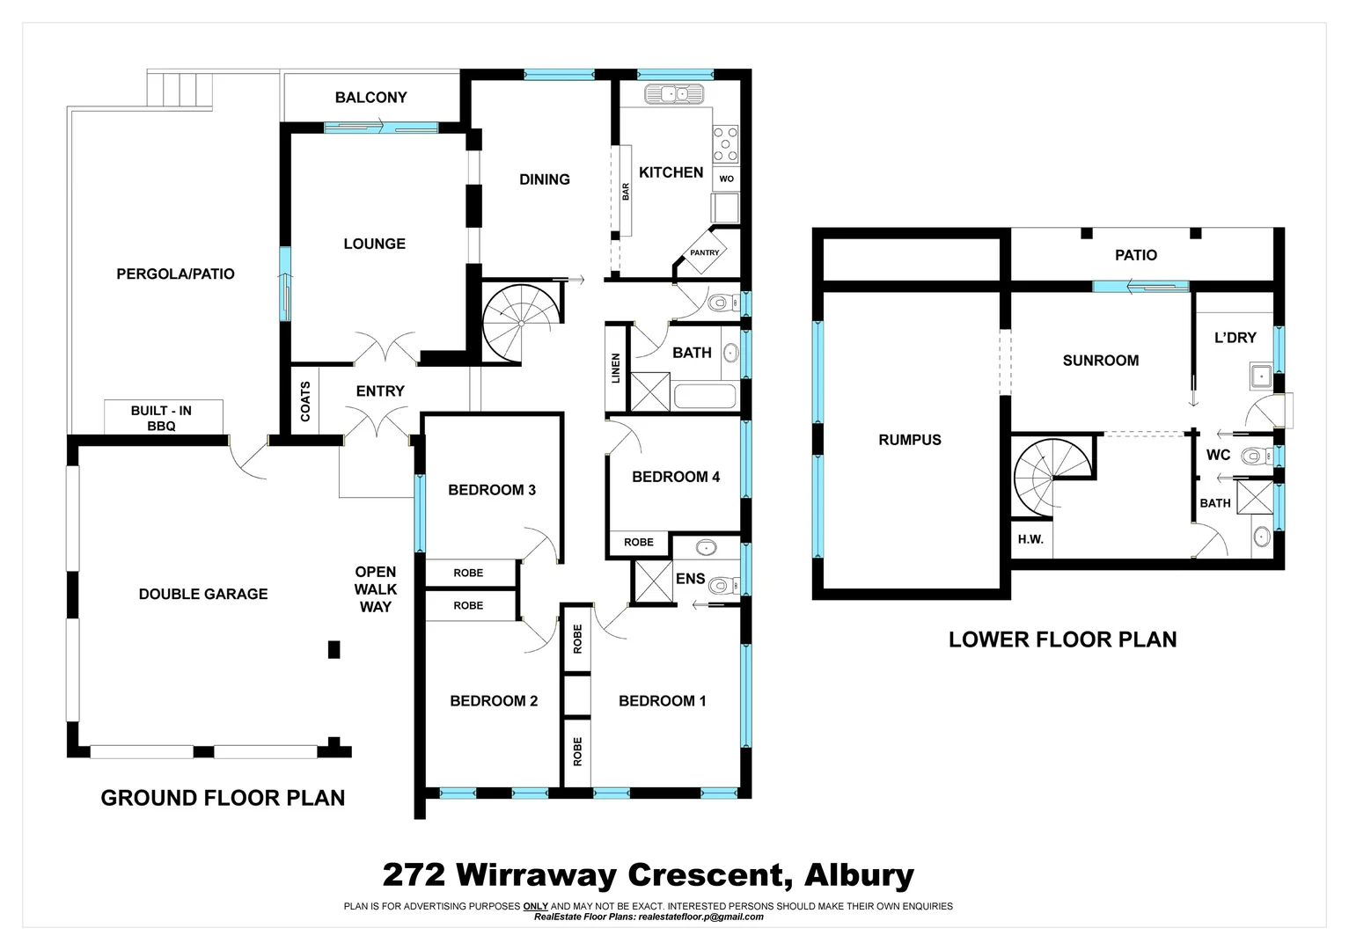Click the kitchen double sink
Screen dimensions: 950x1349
672,93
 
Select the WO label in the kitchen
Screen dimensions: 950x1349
726,179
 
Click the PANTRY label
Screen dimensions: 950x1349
704,252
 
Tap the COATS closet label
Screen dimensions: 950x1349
305,400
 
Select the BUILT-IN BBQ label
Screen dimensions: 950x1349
162,418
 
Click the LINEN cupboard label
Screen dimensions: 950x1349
616,368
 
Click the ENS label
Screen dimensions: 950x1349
691,578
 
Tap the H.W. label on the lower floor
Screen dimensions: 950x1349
1030,539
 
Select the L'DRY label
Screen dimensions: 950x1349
1235,337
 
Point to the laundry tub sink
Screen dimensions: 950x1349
1259,377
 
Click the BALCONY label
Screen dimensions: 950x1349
370,98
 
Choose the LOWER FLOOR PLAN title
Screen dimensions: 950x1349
1062,639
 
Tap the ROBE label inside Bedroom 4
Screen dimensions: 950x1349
639,543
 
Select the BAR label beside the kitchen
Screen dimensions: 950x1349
626,191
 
